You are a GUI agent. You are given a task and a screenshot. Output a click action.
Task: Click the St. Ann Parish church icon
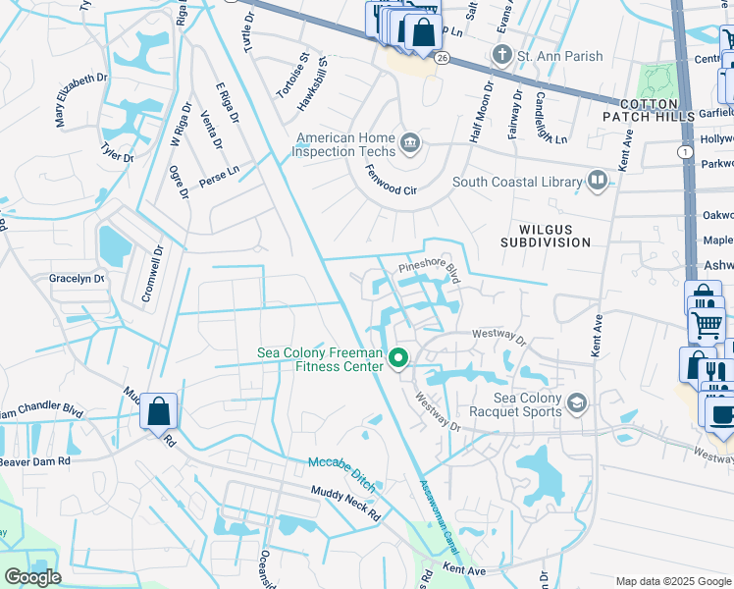click(501, 54)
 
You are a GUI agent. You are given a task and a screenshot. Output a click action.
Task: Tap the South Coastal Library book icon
click(597, 181)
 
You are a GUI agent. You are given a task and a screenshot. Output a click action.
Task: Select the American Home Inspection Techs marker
click(411, 144)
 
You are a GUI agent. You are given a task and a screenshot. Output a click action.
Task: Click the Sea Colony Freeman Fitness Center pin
click(398, 359)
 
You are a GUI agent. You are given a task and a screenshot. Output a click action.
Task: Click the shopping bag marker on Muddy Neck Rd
click(158, 411)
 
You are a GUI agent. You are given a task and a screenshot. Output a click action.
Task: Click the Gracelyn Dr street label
click(77, 279)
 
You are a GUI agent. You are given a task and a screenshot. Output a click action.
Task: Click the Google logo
click(31, 577)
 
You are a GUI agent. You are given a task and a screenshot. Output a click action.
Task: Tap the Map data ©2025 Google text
click(672, 581)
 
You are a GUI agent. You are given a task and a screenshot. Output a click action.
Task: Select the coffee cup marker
click(721, 413)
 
